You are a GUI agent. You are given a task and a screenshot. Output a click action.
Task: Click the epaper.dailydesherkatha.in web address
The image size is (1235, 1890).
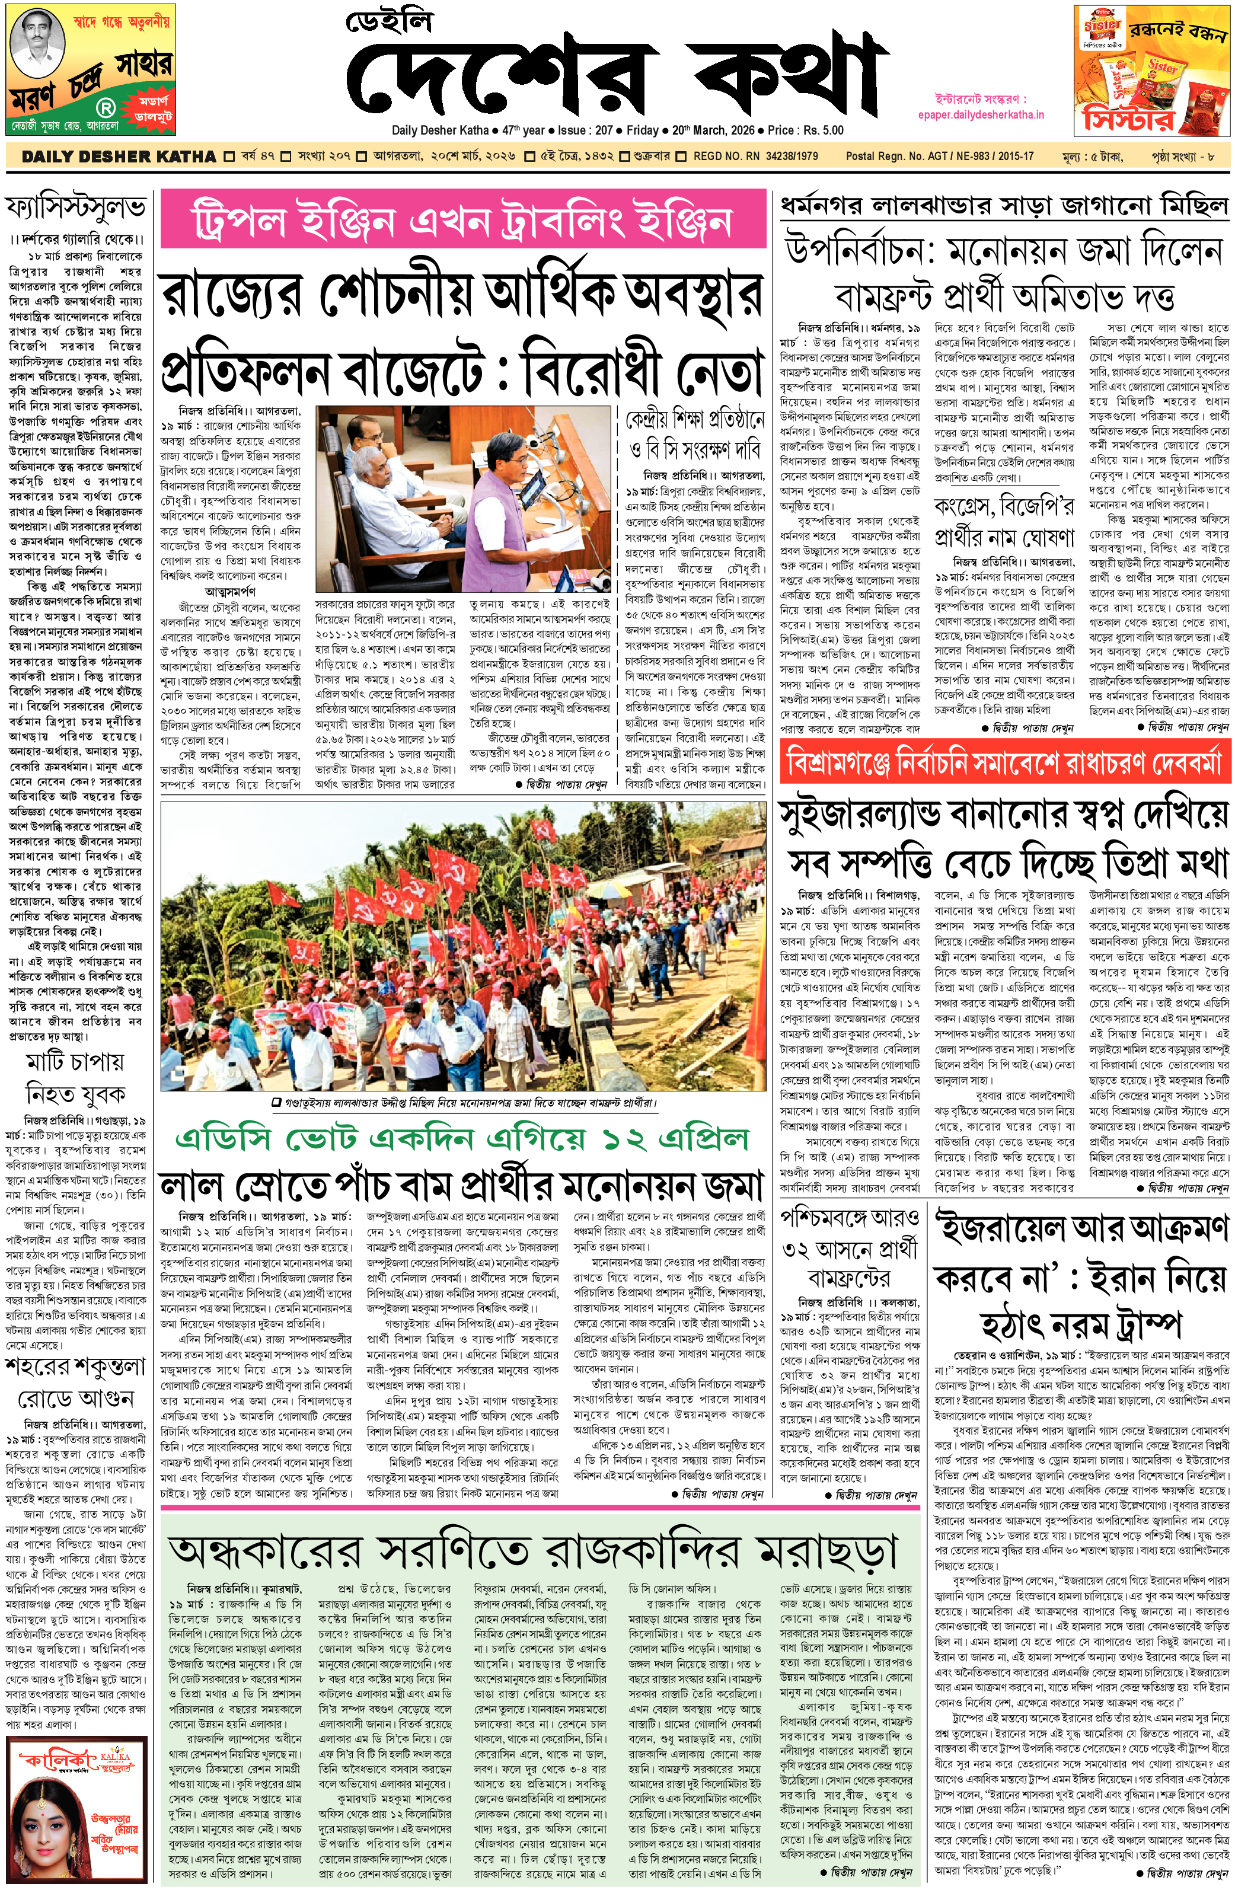980,115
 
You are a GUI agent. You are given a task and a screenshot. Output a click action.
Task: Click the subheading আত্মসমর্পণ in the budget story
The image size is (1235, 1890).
230,592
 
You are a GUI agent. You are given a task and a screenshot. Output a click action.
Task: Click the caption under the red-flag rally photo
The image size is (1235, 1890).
462,1103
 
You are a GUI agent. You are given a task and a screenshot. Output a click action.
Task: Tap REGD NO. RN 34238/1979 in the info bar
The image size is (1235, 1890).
755,157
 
